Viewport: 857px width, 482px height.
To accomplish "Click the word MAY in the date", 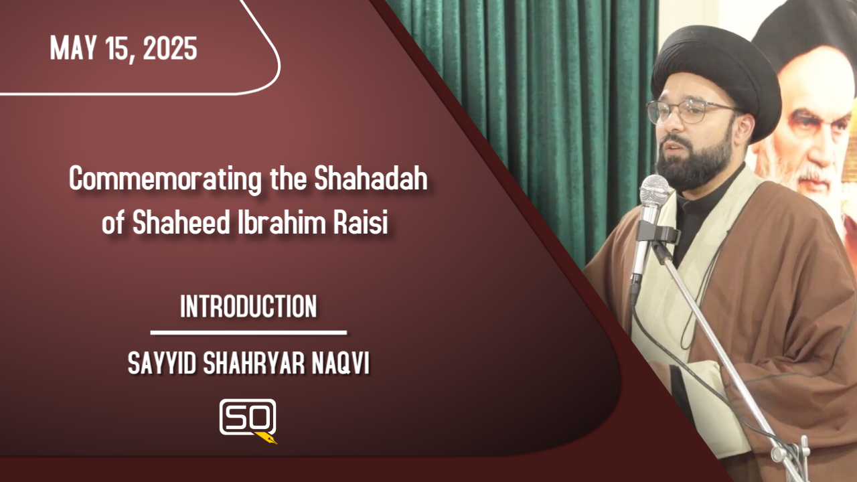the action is coord(73,48).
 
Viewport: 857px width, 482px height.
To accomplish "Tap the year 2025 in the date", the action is coord(170,48).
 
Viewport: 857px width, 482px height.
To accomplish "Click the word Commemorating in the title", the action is coord(165,179).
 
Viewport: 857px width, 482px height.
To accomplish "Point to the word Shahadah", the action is coord(371,178).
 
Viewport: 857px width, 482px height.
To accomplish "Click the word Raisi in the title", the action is coord(361,222).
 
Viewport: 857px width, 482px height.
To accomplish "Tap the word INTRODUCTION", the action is coord(248,306).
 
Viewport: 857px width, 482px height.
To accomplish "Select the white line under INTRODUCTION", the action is coord(248,333).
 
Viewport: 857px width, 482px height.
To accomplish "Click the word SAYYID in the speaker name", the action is coord(162,363).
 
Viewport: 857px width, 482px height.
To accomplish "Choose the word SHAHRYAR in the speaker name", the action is coord(254,363).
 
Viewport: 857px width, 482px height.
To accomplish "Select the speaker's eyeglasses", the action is coord(689,111).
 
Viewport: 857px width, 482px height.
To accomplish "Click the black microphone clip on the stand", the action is coord(659,234).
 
